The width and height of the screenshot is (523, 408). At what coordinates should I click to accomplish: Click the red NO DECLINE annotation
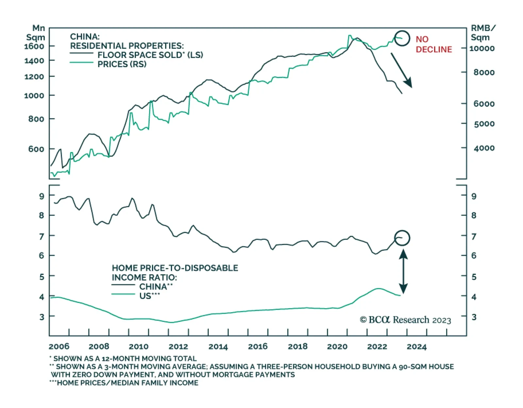pos(433,44)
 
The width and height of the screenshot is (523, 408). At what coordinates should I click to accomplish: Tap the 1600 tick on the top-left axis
pos(34,46)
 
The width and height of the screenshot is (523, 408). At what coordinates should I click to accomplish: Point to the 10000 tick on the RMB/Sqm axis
pos(482,48)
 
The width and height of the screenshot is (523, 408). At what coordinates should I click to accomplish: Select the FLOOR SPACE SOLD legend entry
pos(150,55)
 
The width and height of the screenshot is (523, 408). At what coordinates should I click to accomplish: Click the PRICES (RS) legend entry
pos(122,64)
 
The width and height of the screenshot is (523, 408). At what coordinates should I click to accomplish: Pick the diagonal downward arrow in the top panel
pos(401,70)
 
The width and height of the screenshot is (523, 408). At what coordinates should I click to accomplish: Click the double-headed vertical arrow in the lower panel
pos(403,272)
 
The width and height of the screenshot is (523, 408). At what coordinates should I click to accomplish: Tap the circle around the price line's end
pos(402,38)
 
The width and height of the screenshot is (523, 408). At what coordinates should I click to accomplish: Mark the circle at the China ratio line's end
pos(402,238)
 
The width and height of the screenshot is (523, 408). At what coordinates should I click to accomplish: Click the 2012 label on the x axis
pos(178,346)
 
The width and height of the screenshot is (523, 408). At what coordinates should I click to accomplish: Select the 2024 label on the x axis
pos(416,346)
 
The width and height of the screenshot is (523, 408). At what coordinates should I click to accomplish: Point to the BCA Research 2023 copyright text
pos(405,320)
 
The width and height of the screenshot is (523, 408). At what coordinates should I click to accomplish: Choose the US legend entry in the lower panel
pos(149,296)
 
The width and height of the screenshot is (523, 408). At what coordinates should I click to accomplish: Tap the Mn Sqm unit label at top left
pos(36,33)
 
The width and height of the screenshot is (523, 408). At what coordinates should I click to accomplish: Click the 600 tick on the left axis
pos(36,149)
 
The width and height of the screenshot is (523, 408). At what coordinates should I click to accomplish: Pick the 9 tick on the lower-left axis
pos(42,196)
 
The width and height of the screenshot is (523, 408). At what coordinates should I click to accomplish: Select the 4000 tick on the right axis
pos(484,148)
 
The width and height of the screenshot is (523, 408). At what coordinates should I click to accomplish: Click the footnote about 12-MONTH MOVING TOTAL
pos(125,359)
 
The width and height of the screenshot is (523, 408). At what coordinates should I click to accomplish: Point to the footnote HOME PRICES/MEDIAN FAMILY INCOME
pos(126,383)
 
